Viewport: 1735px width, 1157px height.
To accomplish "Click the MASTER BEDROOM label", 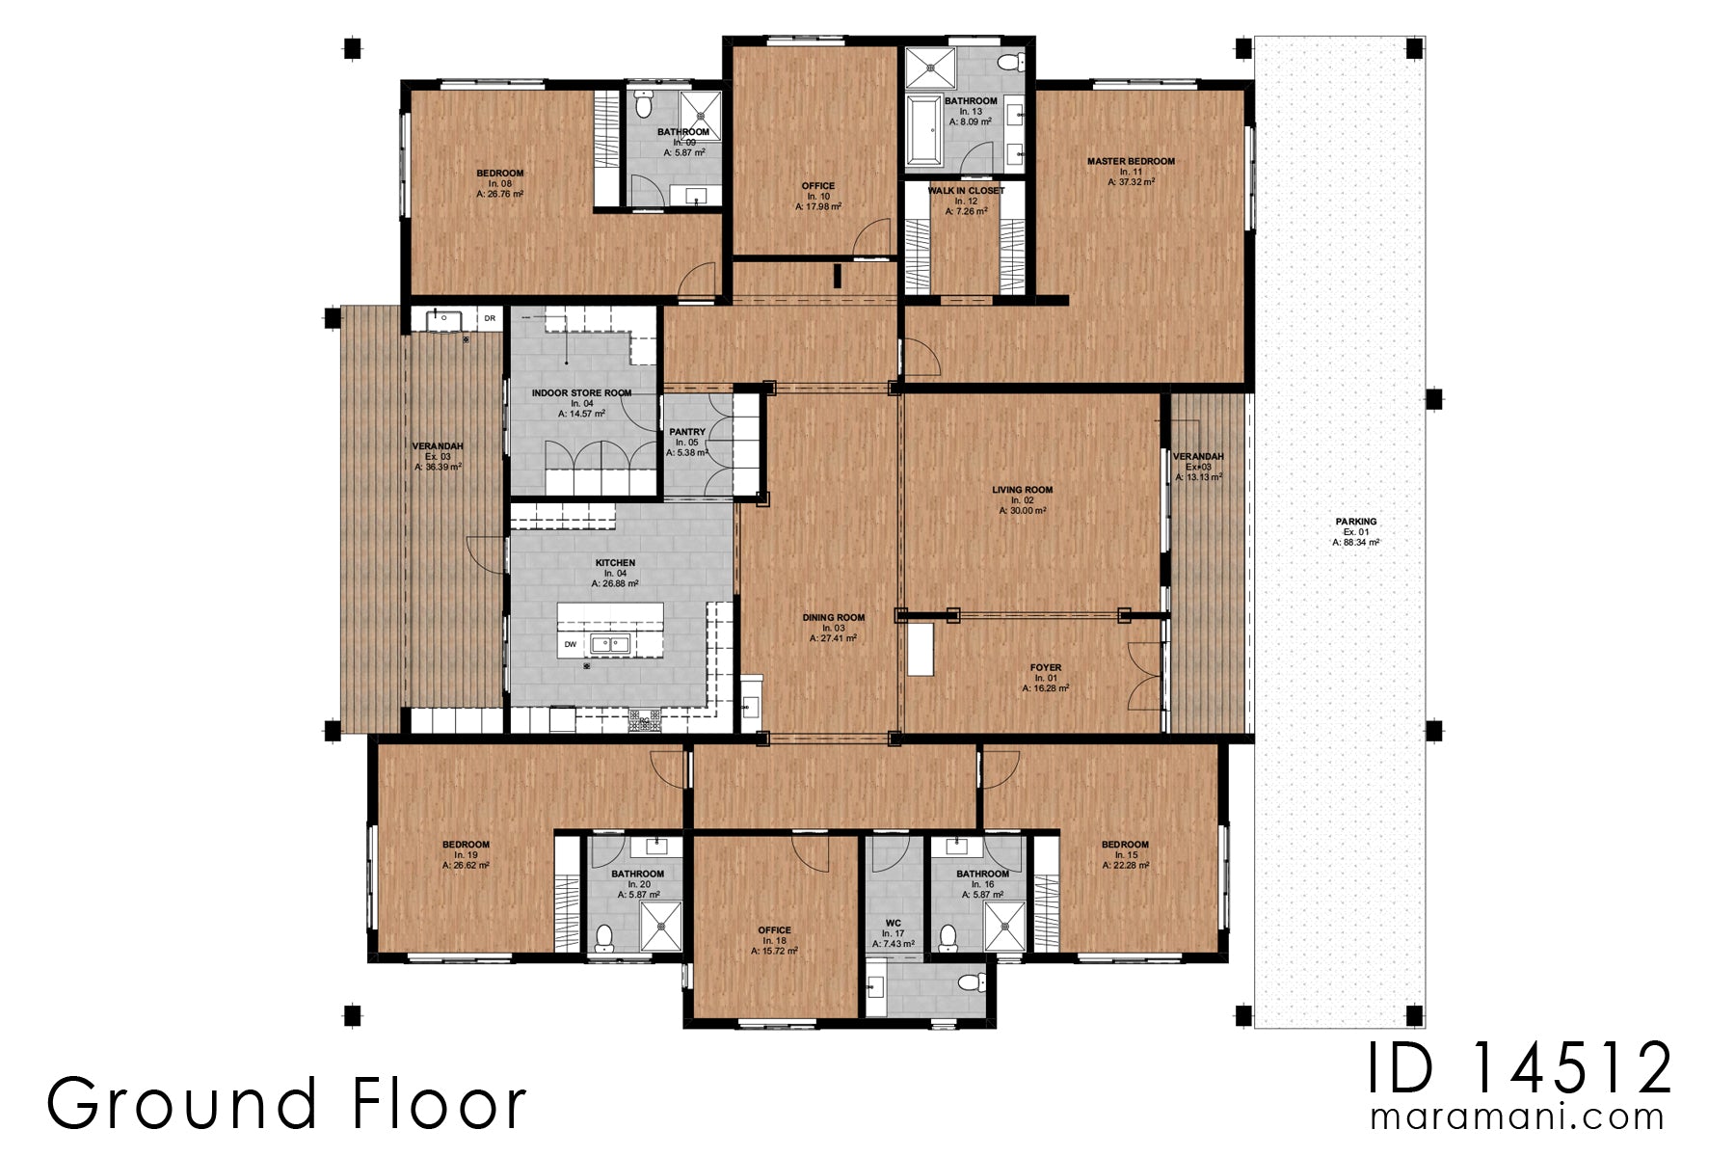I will pos(1131,161).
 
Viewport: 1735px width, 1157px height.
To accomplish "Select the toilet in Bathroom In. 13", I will pos(1009,63).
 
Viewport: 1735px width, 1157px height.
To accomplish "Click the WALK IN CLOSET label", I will pos(966,191).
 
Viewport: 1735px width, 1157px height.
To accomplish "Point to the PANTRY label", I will pos(686,432).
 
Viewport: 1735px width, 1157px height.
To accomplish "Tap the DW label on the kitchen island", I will pos(571,644).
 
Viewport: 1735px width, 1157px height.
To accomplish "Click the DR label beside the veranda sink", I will pos(490,317).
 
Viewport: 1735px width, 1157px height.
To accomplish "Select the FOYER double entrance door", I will pos(1147,675).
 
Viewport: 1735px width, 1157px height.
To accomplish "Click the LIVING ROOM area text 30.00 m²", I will pos(1022,512).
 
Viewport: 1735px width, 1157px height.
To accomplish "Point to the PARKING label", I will pos(1356,522).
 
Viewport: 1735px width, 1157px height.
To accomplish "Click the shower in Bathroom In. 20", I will pos(661,925).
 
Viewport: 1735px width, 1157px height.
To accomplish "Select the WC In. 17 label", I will pos(894,924).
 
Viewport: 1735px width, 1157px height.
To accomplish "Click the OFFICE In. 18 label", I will pos(774,930).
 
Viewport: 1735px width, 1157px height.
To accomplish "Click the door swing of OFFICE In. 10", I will pos(875,239).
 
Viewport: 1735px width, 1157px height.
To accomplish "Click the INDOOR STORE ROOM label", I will pos(581,393).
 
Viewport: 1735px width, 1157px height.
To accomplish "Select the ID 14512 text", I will pos(1520,1068).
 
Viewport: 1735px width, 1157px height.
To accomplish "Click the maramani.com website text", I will pos(1517,1117).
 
